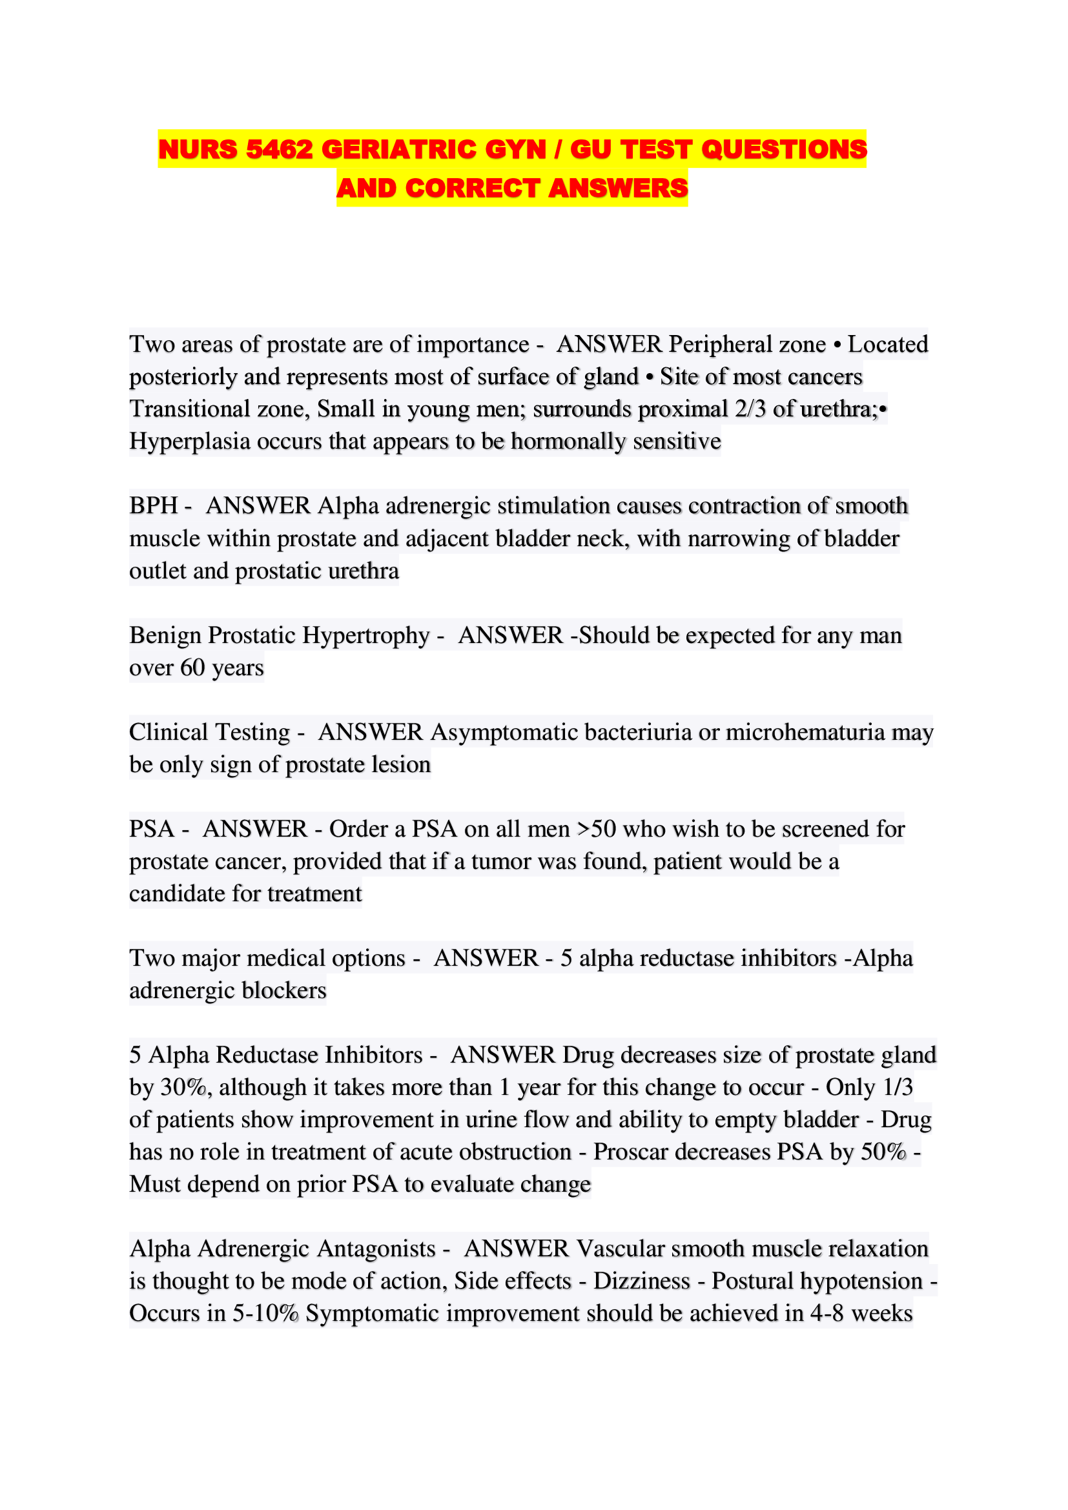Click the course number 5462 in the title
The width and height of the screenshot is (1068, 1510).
coord(279,149)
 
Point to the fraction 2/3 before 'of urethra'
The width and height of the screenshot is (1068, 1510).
coord(750,409)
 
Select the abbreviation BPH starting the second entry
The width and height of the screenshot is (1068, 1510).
coord(153,505)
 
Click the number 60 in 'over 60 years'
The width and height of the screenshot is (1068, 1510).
coord(192,668)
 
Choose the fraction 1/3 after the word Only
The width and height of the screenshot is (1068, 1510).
coord(897,1087)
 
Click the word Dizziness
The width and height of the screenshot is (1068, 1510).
coord(641,1280)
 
